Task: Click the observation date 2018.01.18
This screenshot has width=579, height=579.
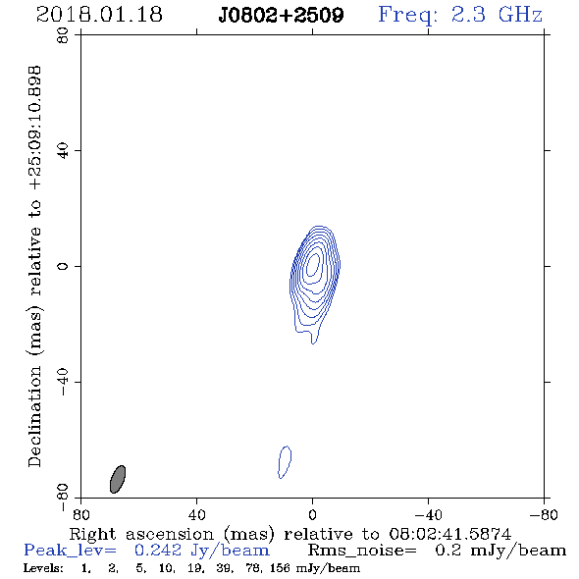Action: [99, 15]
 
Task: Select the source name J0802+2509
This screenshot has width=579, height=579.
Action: [281, 15]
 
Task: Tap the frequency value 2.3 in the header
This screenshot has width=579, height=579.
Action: [468, 15]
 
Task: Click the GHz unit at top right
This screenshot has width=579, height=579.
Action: [520, 15]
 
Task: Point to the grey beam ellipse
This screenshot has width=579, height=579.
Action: [118, 479]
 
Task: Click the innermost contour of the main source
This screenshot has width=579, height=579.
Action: [313, 265]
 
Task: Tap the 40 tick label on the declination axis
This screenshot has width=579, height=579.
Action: [63, 151]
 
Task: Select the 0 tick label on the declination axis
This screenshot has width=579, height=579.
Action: [63, 266]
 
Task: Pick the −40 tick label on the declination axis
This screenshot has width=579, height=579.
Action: [63, 382]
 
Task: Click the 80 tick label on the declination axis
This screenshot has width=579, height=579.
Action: [63, 35]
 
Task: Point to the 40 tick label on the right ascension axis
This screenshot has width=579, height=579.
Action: [196, 515]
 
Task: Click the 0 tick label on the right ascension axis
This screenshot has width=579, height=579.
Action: [312, 515]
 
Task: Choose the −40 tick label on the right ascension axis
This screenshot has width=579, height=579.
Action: [428, 515]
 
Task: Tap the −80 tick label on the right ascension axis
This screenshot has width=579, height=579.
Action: [544, 515]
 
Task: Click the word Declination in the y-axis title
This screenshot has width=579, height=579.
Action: [34, 416]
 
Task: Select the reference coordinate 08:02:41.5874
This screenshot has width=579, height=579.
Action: [449, 534]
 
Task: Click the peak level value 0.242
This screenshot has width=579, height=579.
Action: [158, 551]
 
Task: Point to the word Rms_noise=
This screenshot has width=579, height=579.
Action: [362, 551]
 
